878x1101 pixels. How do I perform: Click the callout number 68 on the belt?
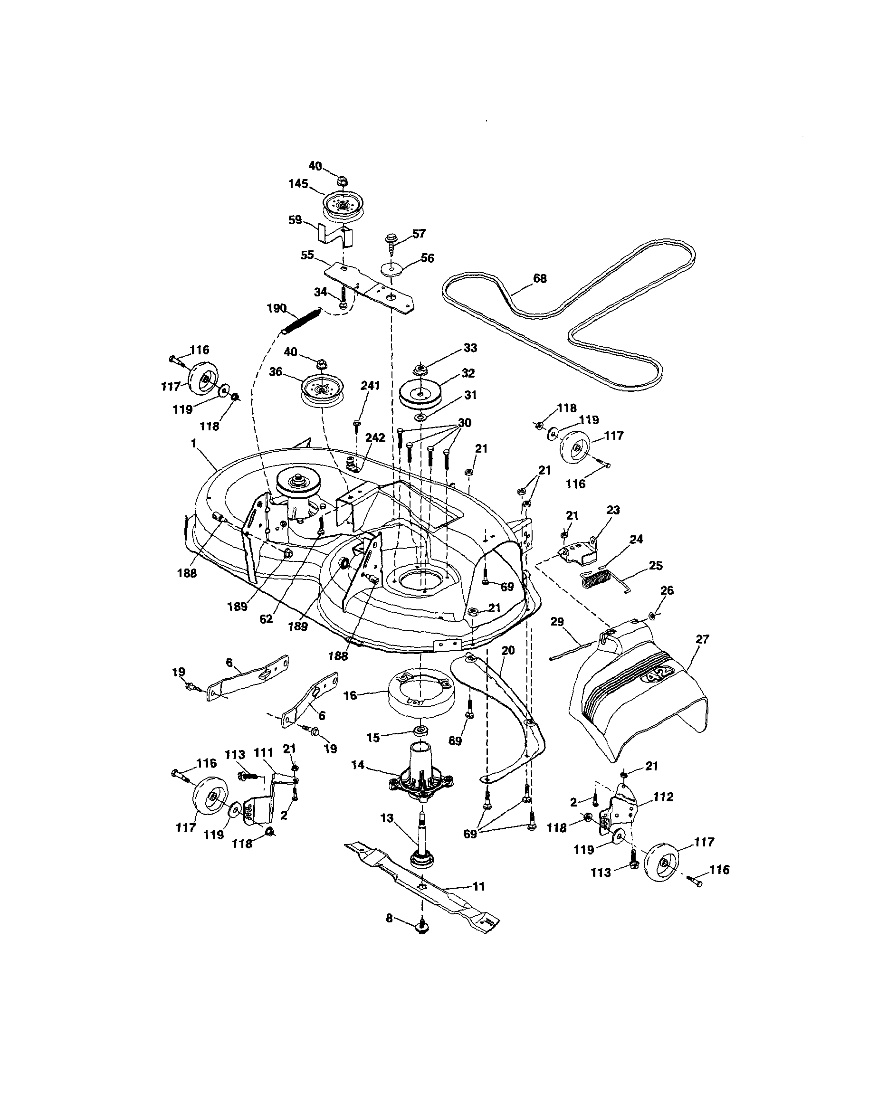coord(539,278)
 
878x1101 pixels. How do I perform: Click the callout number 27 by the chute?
coord(702,639)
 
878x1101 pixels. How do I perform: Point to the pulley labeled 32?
coord(420,394)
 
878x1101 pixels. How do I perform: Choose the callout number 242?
coord(375,437)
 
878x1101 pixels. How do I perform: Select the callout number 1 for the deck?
coord(193,443)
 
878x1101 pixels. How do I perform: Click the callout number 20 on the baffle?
coord(508,651)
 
